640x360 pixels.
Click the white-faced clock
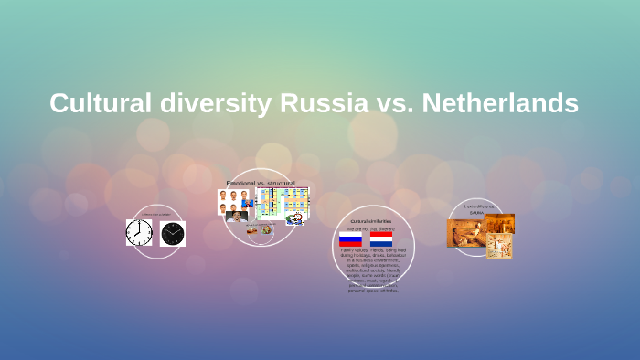(x=139, y=233)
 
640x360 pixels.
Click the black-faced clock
(x=173, y=234)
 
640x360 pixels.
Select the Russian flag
(x=350, y=239)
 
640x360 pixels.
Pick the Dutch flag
(x=381, y=239)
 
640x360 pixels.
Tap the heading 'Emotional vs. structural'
(x=261, y=184)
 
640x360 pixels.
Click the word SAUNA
(x=476, y=211)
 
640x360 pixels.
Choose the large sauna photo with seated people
(x=464, y=233)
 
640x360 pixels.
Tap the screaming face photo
(x=237, y=217)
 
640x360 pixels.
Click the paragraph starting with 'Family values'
(x=370, y=270)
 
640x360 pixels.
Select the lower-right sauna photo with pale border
(x=499, y=246)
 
